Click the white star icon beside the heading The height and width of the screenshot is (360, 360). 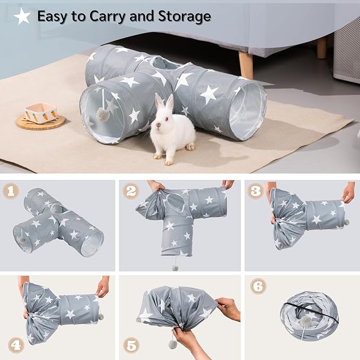click(22, 16)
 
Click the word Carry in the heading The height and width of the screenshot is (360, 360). click(93, 16)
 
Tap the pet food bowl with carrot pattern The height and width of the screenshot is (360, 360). click(40, 113)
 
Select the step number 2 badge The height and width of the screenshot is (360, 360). click(131, 191)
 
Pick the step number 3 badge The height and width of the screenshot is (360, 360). click(256, 191)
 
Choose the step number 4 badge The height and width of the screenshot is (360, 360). click(15, 345)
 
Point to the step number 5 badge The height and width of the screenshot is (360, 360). click(131, 345)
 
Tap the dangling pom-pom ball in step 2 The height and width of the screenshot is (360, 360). click(174, 268)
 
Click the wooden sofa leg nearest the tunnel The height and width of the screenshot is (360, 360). click(245, 64)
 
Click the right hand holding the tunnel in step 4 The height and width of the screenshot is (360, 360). click(102, 286)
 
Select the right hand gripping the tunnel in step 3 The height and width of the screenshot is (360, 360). click(348, 192)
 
